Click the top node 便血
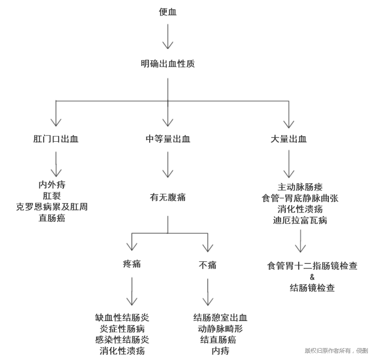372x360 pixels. (x=168, y=12)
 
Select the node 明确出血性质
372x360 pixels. (x=168, y=64)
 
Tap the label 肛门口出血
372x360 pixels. (x=56, y=139)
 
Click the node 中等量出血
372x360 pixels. (x=168, y=139)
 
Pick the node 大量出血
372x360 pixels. (x=288, y=139)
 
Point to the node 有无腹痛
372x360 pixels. (x=168, y=197)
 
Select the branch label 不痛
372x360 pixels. (x=208, y=265)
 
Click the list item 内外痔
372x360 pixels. (x=52, y=184)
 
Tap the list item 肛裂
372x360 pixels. (x=52, y=195)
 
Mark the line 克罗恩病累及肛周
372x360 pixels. (x=52, y=207)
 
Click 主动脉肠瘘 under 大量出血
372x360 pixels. (x=300, y=186)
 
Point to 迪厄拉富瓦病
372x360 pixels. (x=300, y=220)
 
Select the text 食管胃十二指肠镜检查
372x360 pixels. (x=312, y=265)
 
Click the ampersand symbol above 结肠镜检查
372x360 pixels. (x=312, y=276)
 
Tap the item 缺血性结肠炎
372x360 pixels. (x=122, y=317)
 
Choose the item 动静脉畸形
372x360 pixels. (x=220, y=329)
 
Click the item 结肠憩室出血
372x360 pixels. (x=220, y=317)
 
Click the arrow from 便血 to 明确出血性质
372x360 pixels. (x=168, y=37)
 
